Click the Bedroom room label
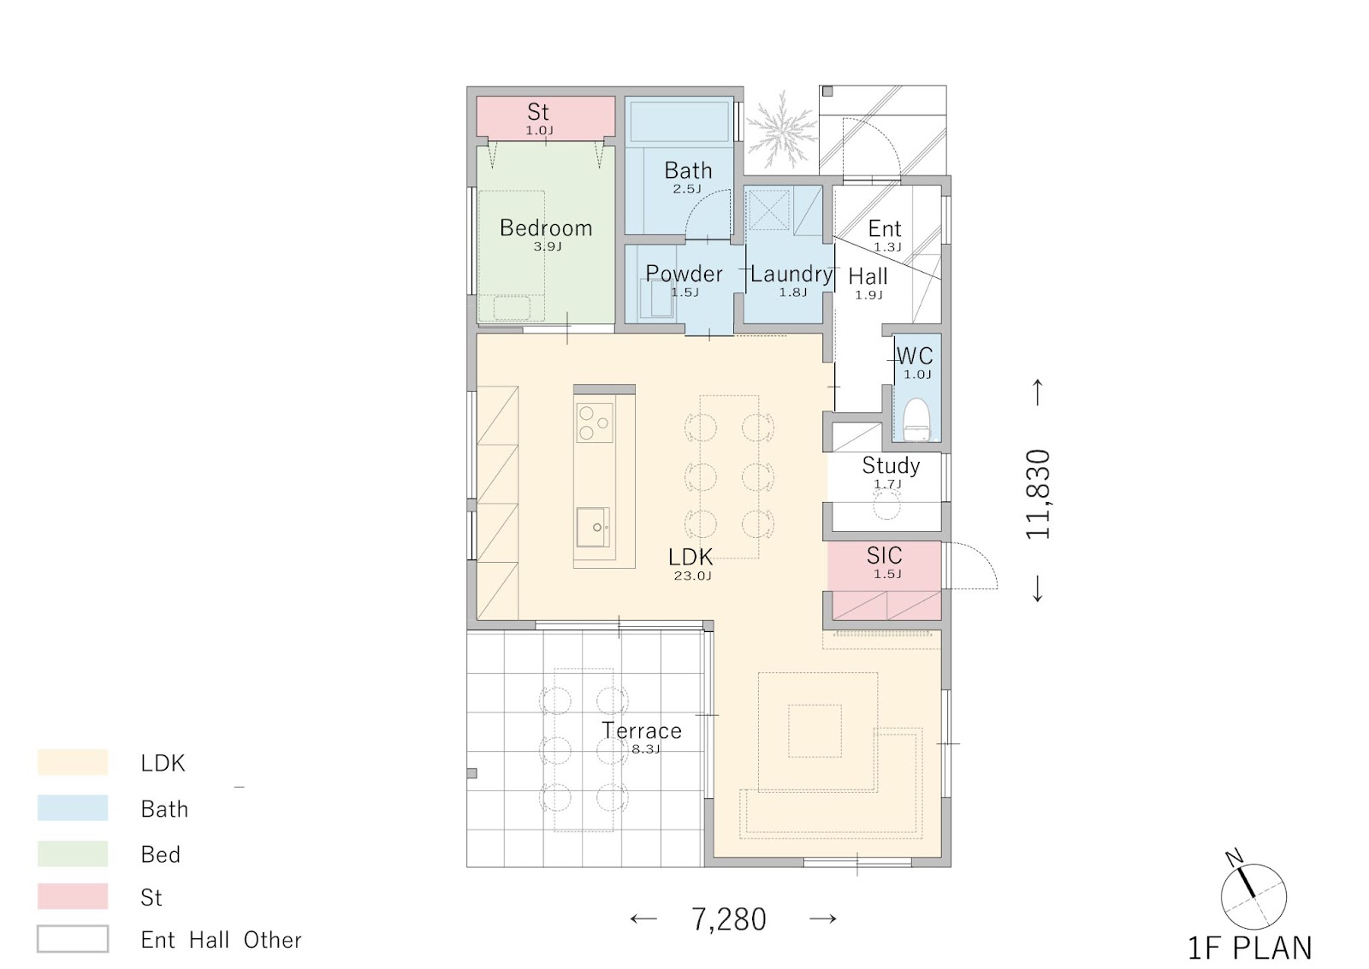(546, 227)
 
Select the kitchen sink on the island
(593, 527)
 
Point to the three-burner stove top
(595, 422)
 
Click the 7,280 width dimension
(728, 919)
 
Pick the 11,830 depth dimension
(1038, 493)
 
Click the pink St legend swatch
(73, 896)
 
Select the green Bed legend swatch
(73, 854)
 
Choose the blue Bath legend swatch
(73, 807)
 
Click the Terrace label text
(641, 730)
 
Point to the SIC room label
(885, 555)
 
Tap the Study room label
(891, 465)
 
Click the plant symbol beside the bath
(781, 130)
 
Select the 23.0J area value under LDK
(692, 576)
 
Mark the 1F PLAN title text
(1250, 948)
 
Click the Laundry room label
(791, 274)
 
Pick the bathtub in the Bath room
(679, 121)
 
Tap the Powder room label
(684, 273)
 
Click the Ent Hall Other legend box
(73, 939)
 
